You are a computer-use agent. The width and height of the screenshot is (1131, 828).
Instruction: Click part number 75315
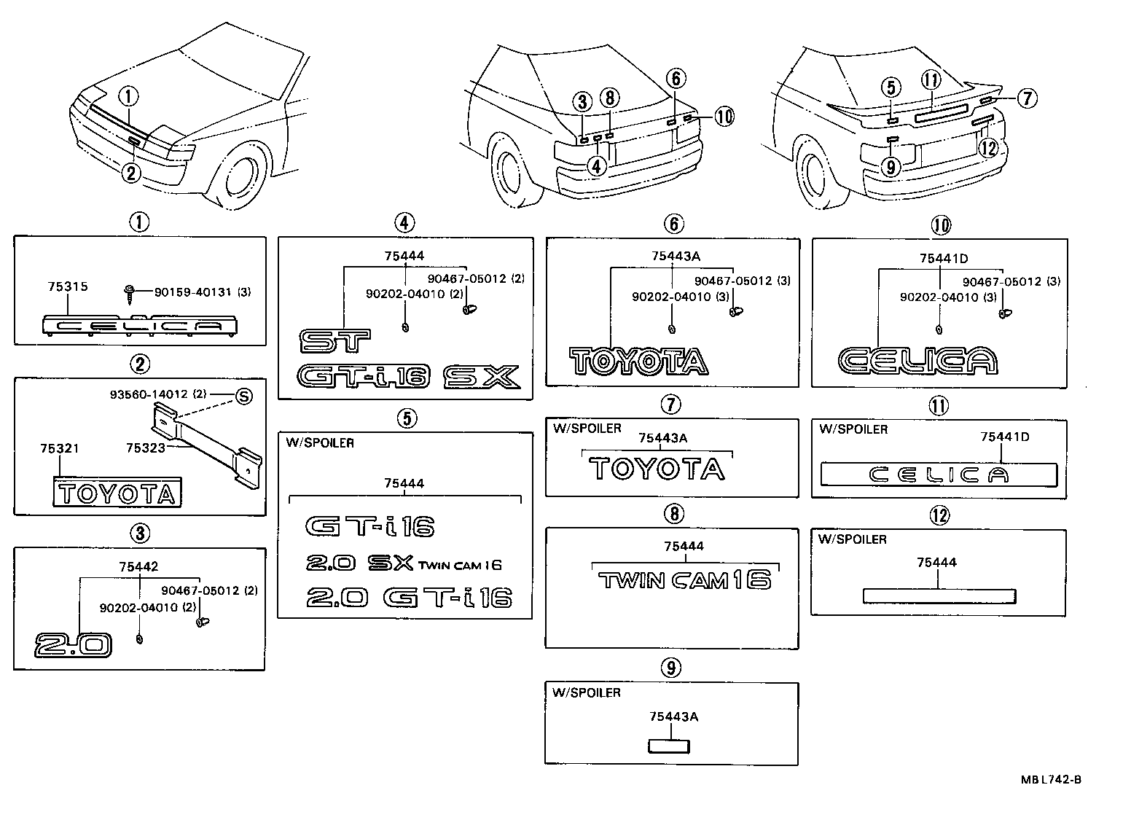65,286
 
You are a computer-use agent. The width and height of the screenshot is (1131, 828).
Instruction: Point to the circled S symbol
243,397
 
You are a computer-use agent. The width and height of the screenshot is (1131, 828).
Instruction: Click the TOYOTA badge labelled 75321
117,494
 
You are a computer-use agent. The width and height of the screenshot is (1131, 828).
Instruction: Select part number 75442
139,566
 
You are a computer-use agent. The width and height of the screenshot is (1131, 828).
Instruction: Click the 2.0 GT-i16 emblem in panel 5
409,597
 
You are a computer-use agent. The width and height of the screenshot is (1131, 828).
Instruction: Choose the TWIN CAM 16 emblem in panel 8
684,580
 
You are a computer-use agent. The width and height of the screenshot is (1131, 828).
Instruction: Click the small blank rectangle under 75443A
669,746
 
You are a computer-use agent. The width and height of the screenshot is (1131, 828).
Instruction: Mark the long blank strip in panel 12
939,596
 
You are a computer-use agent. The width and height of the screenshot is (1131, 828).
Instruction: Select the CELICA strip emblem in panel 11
939,475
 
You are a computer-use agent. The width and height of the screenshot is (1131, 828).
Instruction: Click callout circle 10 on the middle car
723,116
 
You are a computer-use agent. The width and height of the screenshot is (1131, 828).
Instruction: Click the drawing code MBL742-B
1051,780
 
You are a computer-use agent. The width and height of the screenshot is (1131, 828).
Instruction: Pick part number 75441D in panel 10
943,258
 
